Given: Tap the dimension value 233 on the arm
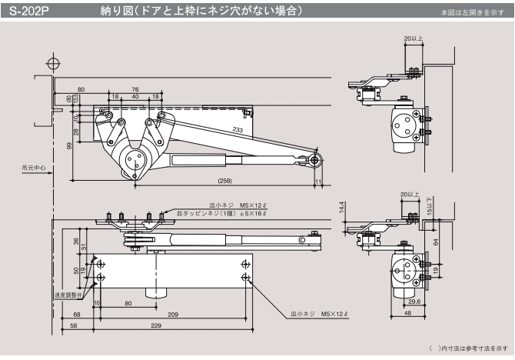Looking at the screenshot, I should (239, 131).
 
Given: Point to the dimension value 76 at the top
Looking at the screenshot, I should (135, 89).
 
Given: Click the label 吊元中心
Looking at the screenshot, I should (34, 166).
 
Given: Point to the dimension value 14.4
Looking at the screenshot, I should (341, 208).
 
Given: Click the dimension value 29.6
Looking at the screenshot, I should (414, 302).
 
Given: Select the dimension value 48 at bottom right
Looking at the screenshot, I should (407, 315).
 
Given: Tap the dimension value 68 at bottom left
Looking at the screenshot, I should (78, 314).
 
